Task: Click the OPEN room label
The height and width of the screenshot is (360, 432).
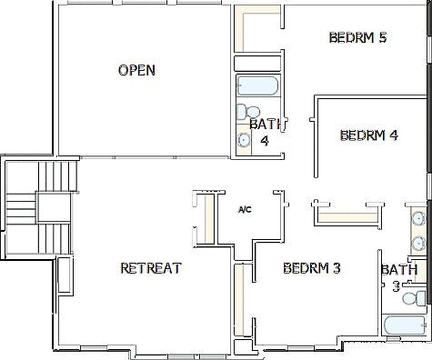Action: point(136,70)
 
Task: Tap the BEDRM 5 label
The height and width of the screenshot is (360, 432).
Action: point(357,38)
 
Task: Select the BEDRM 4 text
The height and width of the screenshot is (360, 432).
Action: point(368,136)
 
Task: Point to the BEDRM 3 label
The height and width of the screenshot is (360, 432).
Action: point(311,268)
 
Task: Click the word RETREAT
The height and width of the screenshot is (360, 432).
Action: point(151,268)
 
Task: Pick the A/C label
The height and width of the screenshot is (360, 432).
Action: point(245,210)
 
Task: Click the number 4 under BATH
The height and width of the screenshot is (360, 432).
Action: point(265,141)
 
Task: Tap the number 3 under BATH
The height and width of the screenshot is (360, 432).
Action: point(397,285)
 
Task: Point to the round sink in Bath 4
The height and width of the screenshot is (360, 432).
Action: point(244,140)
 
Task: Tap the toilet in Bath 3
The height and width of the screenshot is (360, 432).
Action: point(413,298)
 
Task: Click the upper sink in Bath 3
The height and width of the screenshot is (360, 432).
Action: point(417,219)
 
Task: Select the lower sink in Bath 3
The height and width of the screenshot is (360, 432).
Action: point(417,243)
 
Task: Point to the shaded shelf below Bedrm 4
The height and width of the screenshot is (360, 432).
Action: point(346,216)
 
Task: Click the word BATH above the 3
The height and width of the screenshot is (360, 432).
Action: point(399,270)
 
